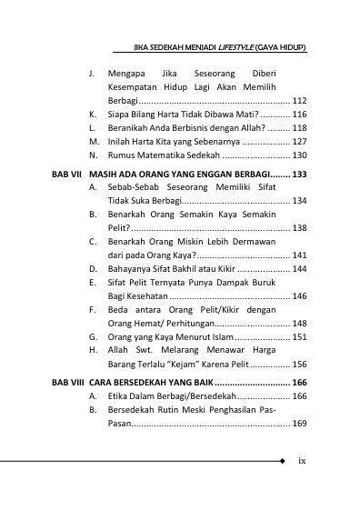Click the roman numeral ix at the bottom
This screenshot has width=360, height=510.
[x=302, y=461]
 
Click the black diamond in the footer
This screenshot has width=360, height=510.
[x=282, y=461]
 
